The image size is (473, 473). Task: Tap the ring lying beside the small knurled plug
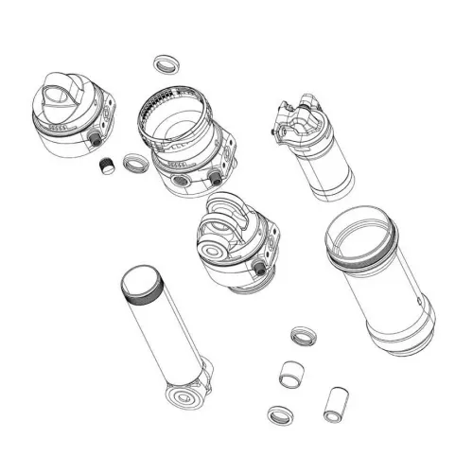point(136,163)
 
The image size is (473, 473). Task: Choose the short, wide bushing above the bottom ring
point(291,372)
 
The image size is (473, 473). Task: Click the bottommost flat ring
point(280,414)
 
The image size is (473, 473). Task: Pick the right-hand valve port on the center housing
point(217,177)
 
